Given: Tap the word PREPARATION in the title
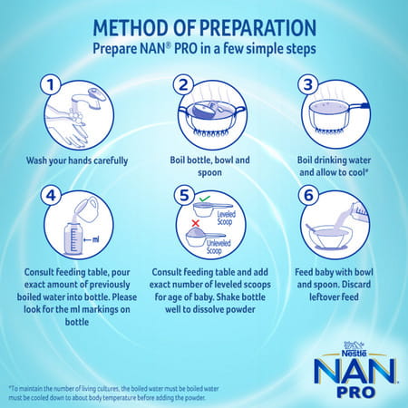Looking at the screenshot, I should click(249, 22).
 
